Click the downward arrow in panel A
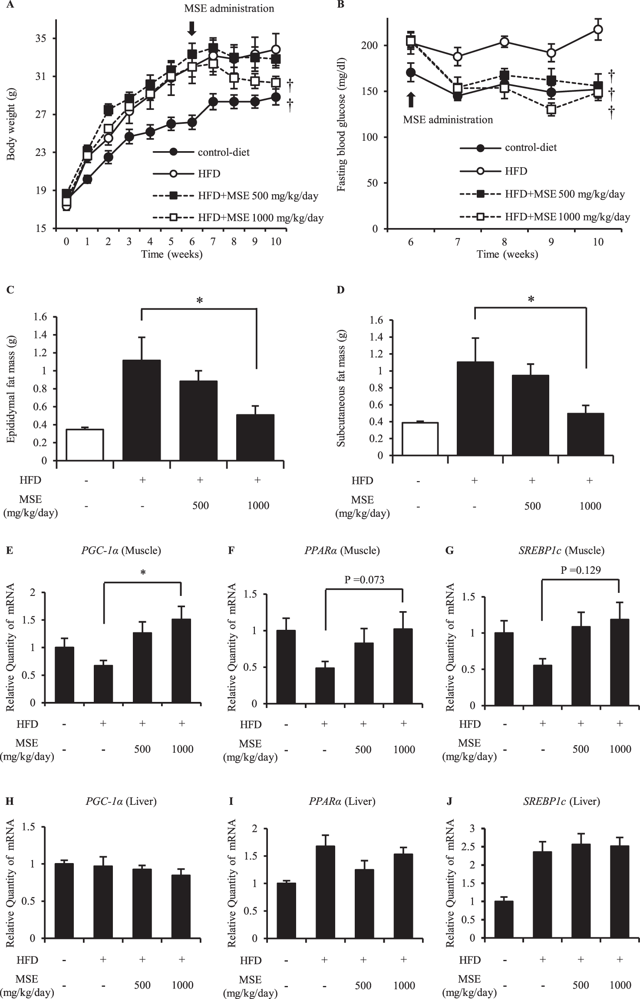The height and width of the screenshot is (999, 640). click(192, 29)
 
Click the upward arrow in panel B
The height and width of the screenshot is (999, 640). click(411, 99)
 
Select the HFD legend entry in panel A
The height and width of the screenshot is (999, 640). click(209, 174)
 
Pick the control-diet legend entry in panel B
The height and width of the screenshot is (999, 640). click(531, 148)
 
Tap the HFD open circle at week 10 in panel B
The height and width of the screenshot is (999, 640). click(598, 30)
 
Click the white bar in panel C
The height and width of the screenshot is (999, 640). click(84, 444)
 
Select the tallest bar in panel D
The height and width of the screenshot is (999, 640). click(475, 408)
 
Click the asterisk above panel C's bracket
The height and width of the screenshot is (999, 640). click(200, 301)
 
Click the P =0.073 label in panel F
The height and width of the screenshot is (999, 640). click(364, 579)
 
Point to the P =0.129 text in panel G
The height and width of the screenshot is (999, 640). click(581, 570)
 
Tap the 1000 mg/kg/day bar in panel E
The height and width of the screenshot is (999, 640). click(181, 661)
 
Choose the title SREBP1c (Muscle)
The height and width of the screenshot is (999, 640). click(561, 550)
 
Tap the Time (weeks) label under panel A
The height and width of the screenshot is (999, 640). click(172, 255)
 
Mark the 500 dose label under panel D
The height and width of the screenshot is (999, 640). click(532, 506)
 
